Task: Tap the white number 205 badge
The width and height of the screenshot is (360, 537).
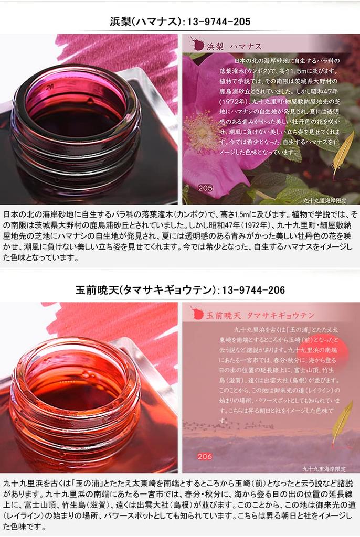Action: [205, 187]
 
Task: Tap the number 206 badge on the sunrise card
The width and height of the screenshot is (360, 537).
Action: [205, 456]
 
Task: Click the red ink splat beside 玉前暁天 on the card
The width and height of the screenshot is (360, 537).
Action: [197, 314]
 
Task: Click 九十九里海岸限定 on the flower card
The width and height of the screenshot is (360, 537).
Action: [331, 199]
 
